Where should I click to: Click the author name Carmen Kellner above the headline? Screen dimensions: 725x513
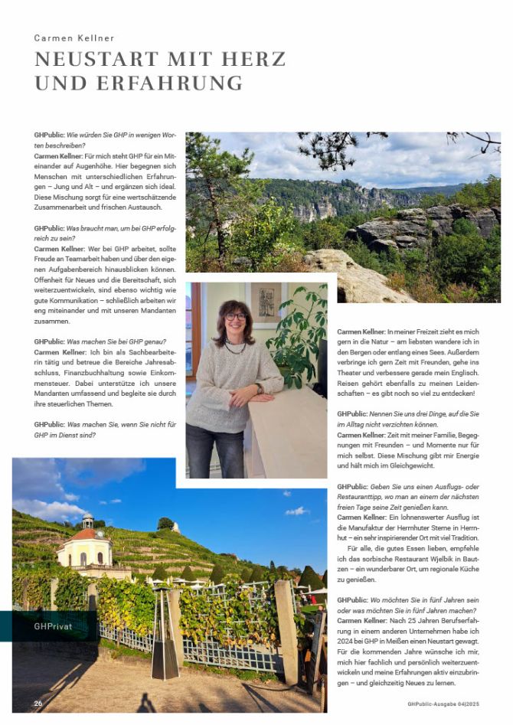(x=74, y=38)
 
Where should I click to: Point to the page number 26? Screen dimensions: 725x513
(x=38, y=703)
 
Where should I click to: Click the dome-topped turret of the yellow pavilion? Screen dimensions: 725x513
(x=88, y=521)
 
